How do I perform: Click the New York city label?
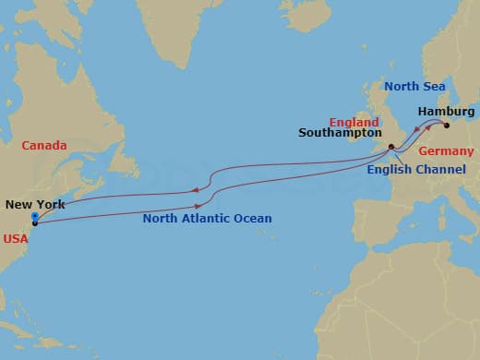pyautogui.click(x=35, y=204)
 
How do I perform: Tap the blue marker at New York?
pyautogui.click(x=34, y=219)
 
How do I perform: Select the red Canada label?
pyautogui.click(x=45, y=145)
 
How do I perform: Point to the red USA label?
pyautogui.click(x=16, y=236)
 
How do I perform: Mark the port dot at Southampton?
pyautogui.click(x=391, y=147)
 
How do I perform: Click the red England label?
pyautogui.click(x=354, y=121)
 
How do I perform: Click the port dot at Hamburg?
pyautogui.click(x=445, y=125)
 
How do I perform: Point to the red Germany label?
pyautogui.click(x=446, y=150)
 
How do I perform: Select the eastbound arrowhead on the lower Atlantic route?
pyautogui.click(x=198, y=206)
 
